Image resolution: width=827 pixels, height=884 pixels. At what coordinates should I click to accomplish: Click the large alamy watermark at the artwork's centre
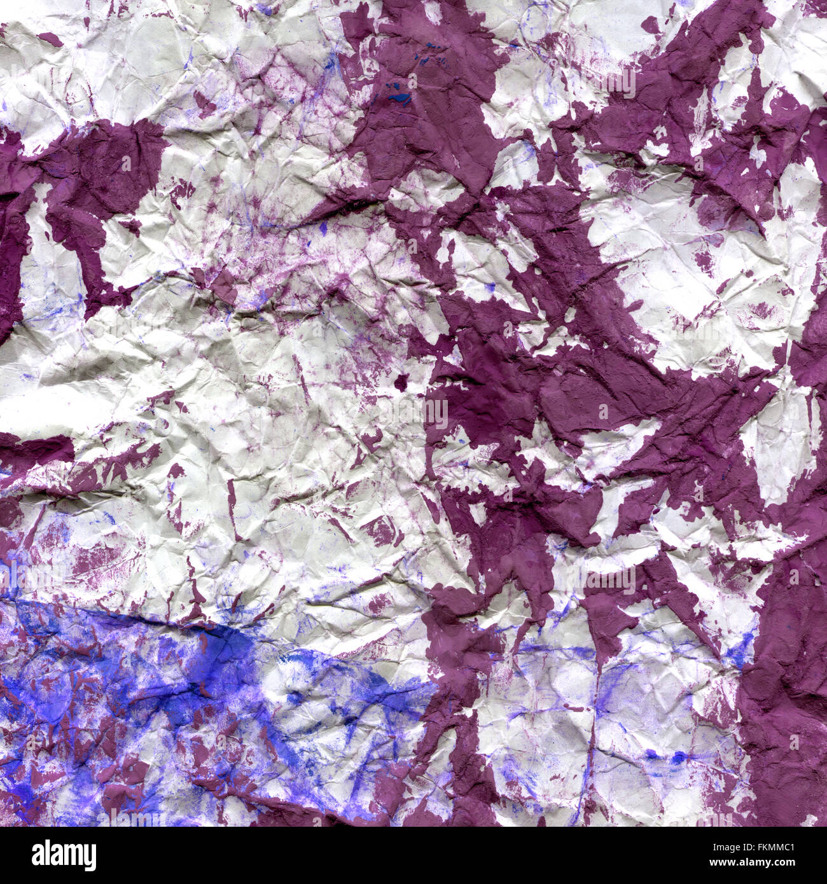[413, 413]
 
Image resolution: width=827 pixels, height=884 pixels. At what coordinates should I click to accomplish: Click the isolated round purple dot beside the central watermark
[401, 382]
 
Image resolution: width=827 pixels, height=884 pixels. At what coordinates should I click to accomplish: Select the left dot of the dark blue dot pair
[651, 754]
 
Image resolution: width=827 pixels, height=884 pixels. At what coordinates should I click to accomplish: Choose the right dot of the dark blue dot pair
[679, 757]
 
